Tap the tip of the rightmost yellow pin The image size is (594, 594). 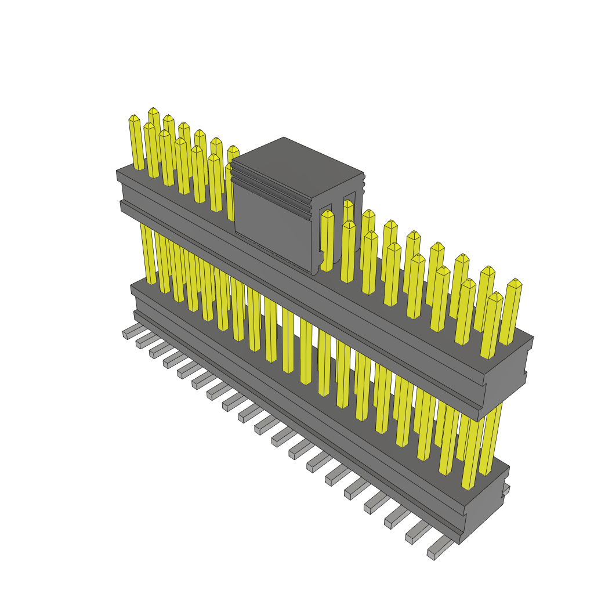pyautogui.click(x=514, y=282)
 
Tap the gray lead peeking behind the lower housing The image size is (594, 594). pyautogui.click(x=506, y=490)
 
